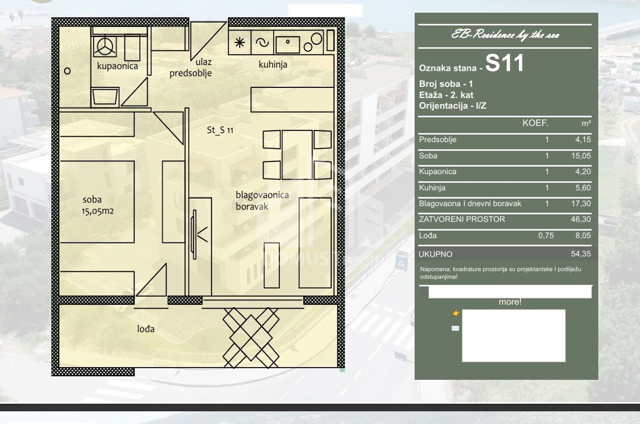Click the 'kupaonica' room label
[x=117, y=66]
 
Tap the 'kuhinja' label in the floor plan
[x=273, y=64]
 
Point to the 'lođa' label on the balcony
[x=146, y=329]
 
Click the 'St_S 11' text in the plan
[x=220, y=130]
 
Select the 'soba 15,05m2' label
[x=98, y=205]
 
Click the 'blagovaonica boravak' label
[x=262, y=201]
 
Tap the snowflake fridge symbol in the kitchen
[x=239, y=43]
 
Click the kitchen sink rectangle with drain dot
[x=287, y=44]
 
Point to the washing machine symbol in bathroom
[x=105, y=46]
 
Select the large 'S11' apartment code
[x=505, y=63]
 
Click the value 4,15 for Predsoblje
[x=583, y=140]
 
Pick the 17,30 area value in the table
[x=581, y=203]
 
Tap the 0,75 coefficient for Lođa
[x=546, y=235]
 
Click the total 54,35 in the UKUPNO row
[x=581, y=254]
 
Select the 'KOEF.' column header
[x=535, y=123]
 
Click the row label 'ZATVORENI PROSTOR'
[x=462, y=219]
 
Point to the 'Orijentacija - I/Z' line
[x=453, y=106]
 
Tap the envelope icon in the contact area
[x=455, y=328]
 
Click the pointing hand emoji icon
[x=457, y=313]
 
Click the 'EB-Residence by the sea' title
[x=505, y=35]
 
